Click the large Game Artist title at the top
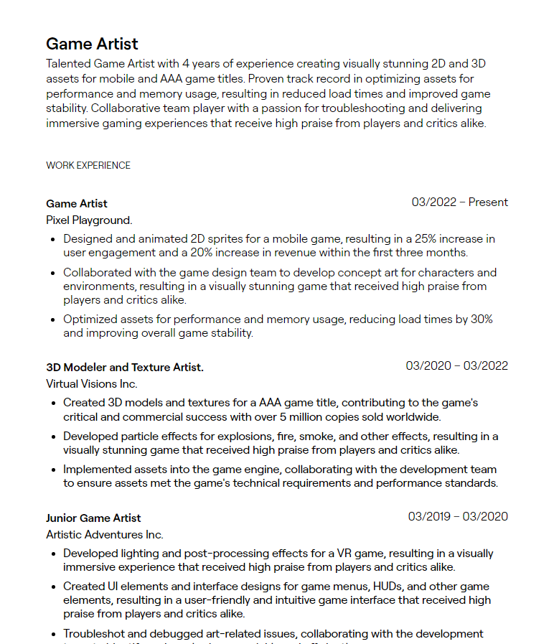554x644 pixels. coord(92,44)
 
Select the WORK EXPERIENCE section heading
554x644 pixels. coord(88,165)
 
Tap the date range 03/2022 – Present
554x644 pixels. coord(459,202)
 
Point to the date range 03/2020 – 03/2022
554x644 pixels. coord(456,366)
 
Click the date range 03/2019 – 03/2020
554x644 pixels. coord(458,517)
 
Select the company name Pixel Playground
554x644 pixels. coord(89,220)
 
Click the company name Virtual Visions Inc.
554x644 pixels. coord(92,384)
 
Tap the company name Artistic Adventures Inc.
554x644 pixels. coord(105,535)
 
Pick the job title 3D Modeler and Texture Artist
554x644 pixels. coord(125,368)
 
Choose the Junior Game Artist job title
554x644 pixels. coord(93,518)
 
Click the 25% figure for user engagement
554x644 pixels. coord(428,239)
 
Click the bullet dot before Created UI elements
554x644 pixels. coord(54,587)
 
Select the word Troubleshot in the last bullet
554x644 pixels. coord(92,634)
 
